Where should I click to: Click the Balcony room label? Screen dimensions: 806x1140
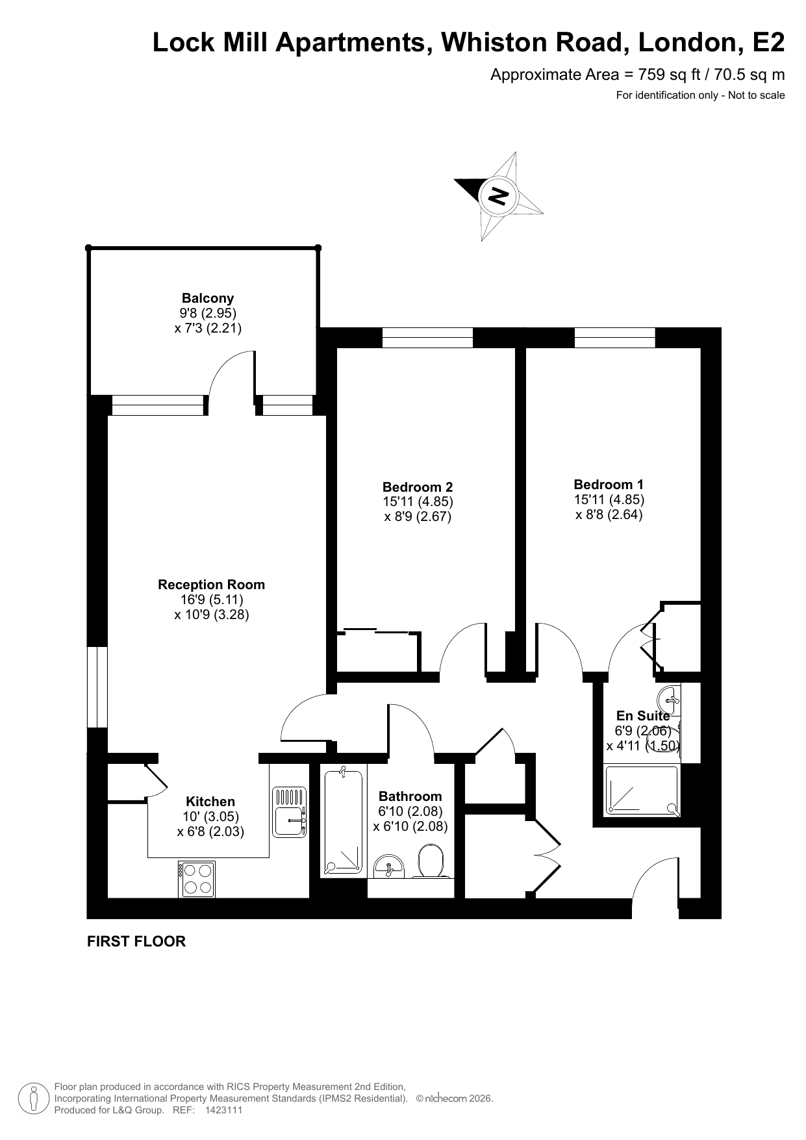point(208,298)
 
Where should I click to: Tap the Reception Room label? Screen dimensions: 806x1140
point(211,585)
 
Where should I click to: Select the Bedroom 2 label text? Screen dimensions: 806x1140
point(418,487)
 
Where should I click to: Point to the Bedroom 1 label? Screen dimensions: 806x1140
point(609,485)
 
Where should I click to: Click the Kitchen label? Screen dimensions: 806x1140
point(210,802)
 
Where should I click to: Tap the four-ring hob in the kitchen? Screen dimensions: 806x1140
point(197,879)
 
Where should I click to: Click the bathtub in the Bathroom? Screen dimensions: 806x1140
point(343,820)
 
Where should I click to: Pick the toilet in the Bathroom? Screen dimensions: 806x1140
point(430,861)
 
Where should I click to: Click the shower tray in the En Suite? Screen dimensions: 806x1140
point(642,791)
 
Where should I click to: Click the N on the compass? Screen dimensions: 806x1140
point(498,195)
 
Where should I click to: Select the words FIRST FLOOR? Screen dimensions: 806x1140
point(136,941)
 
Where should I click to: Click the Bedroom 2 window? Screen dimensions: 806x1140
point(427,338)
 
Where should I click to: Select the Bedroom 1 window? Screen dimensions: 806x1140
point(614,338)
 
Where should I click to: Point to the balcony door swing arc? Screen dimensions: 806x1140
point(226,364)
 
